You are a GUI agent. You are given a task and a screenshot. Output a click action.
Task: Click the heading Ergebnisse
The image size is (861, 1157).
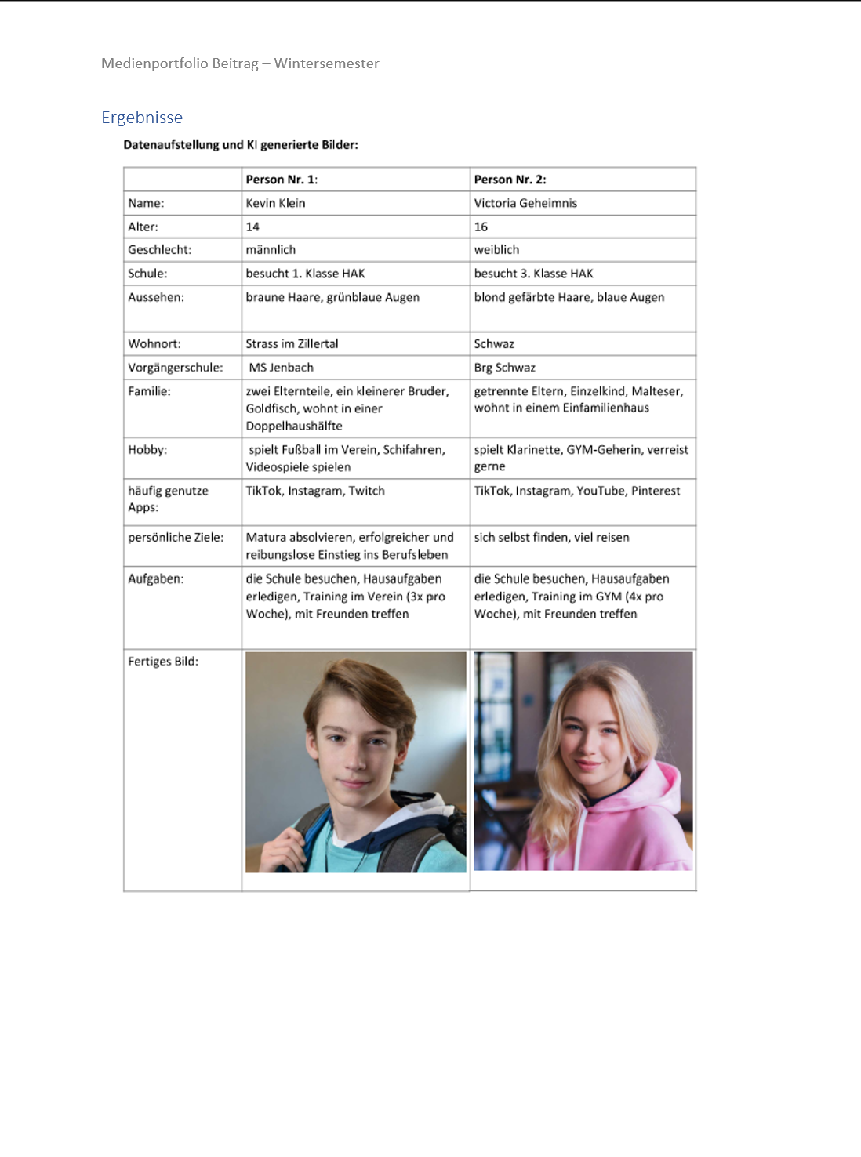[x=142, y=118]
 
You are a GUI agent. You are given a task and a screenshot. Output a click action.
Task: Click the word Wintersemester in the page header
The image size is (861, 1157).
[x=326, y=63]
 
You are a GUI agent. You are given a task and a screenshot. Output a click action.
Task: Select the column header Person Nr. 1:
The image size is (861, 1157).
[x=282, y=180]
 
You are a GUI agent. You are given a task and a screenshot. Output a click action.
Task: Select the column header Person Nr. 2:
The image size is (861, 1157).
[x=510, y=180]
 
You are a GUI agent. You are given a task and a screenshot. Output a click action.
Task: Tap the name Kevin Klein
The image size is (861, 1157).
[x=275, y=203]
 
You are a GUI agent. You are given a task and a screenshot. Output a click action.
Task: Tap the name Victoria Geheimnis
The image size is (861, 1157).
[x=525, y=203]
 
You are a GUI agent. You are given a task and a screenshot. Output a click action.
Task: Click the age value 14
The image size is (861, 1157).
[x=252, y=227]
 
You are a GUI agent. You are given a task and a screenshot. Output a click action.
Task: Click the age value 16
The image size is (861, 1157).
[x=481, y=227]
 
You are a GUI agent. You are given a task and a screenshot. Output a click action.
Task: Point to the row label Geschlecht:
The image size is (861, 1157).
[x=159, y=250]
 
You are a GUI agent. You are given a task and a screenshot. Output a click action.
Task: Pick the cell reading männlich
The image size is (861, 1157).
[x=271, y=250]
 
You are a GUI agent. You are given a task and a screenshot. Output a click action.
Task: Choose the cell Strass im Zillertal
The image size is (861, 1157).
[x=292, y=344]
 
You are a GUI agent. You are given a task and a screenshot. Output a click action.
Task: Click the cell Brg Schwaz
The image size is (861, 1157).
[x=504, y=368]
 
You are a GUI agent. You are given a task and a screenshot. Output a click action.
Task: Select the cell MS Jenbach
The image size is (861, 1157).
[x=281, y=368]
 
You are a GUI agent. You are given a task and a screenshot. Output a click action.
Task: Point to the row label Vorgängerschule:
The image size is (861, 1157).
[x=175, y=368]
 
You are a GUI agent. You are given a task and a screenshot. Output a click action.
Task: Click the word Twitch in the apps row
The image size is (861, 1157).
[x=366, y=491]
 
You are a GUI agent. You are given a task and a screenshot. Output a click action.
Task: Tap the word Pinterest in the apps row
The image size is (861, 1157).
[x=656, y=491]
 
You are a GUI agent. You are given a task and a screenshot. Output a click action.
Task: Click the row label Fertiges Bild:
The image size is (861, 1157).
[x=163, y=662]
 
